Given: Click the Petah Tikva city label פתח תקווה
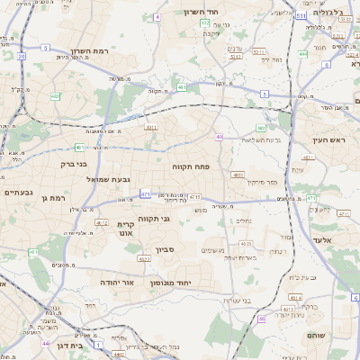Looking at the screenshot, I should (193, 166).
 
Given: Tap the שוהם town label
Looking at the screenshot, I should (341, 336).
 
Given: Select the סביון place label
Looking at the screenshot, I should (177, 247).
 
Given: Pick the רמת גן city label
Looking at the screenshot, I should (56, 197).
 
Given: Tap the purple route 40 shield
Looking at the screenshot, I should (219, 137).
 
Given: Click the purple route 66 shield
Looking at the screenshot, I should (261, 318).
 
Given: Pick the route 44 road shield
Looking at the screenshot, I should (45, 343).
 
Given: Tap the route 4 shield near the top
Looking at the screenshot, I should (156, 17).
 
